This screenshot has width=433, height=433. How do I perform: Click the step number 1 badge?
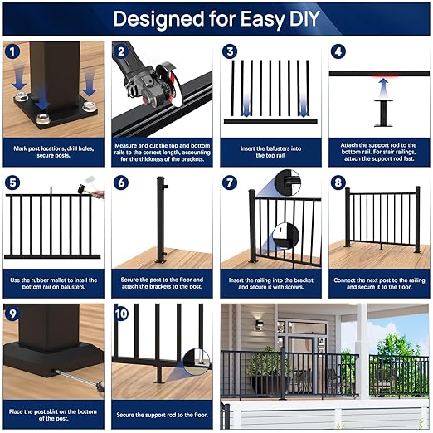(13, 51)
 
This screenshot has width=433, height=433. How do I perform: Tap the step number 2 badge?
(122, 51)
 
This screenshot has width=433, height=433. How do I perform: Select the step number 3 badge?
(230, 51)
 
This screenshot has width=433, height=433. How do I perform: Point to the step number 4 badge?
(338, 51)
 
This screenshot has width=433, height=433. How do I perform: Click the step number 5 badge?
(13, 182)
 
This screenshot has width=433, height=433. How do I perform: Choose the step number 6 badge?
(122, 182)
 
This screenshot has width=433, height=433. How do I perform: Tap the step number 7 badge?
(230, 182)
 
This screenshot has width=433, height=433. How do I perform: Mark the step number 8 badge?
(338, 182)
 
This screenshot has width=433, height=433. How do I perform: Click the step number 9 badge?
(13, 314)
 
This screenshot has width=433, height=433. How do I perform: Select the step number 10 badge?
(122, 314)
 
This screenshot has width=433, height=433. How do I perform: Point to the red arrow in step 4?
(382, 82)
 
